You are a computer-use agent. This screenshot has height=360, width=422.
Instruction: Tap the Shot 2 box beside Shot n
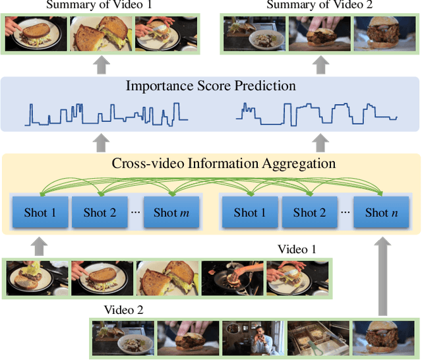tap(309, 212)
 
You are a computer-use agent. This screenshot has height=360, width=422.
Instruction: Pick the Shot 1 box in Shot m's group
tap(40, 212)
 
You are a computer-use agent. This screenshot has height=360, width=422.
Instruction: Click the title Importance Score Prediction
tap(210, 86)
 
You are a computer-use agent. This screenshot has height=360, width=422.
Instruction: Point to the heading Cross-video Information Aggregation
tap(224, 163)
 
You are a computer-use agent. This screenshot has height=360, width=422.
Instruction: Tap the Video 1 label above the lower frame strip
tap(297, 249)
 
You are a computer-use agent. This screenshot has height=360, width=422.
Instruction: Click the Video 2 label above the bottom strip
tap(123, 309)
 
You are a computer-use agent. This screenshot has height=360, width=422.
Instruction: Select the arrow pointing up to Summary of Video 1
tap(100, 65)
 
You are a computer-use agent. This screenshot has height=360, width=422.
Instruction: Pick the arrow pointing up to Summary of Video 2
tap(319, 65)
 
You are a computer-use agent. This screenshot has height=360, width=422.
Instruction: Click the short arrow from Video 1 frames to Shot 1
tap(40, 246)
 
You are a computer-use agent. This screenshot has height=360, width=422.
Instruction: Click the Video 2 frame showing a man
tap(253, 338)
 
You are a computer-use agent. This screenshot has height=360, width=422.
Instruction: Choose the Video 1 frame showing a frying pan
tap(232, 278)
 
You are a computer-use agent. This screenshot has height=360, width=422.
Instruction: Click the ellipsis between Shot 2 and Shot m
tap(135, 213)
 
